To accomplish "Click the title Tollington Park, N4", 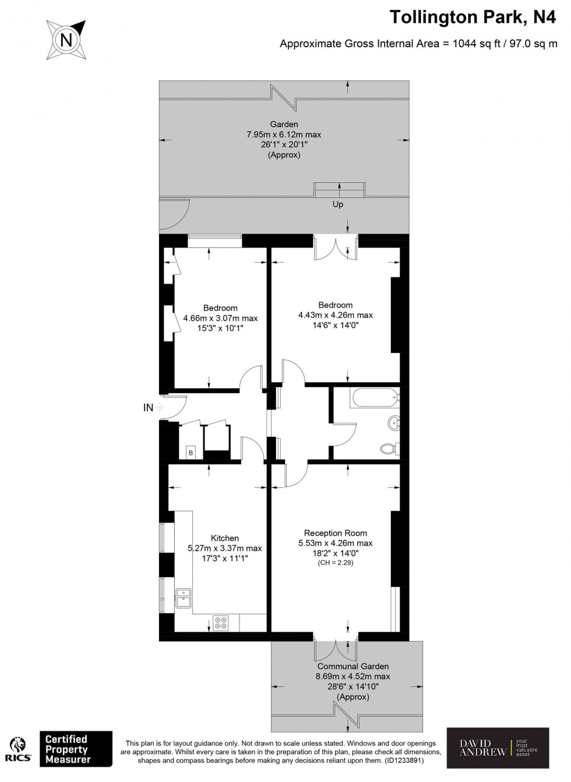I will pos(473,17).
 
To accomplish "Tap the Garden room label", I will pos(284,124).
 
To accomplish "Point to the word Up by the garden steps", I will pos(338,204).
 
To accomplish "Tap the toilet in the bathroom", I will pos(389,449).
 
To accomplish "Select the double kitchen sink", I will pos(184,597).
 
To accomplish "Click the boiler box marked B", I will pos(191,452).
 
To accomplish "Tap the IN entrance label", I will pos(149,408).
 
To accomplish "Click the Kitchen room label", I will pos(224,538).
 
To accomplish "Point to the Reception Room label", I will pos(336,533).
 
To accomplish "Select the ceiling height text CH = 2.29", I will pos(336,563).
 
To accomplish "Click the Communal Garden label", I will pos(353,666).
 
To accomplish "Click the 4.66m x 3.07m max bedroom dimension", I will pos(220,319).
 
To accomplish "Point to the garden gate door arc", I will pos(175,213).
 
